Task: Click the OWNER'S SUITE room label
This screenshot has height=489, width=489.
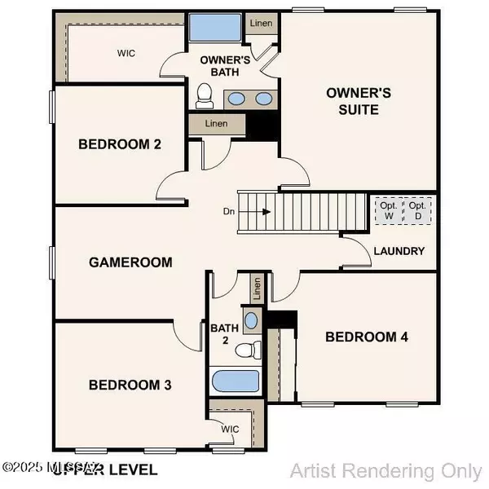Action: click(x=352, y=100)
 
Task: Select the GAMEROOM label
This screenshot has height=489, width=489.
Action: click(x=130, y=262)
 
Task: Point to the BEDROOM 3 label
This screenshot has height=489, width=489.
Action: click(x=130, y=384)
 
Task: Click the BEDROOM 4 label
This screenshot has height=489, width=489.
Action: click(x=366, y=337)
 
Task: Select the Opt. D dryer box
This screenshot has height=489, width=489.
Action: click(x=418, y=211)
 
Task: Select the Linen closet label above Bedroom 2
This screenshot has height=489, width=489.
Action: click(x=215, y=124)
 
